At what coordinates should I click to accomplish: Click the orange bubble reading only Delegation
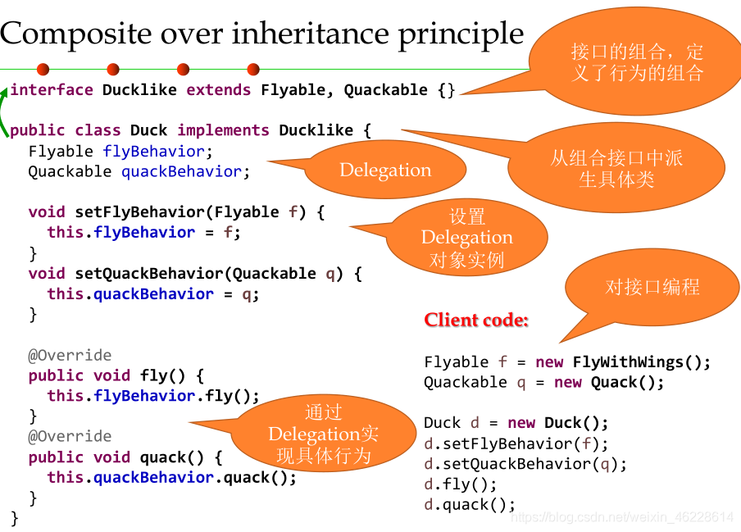pyautogui.click(x=385, y=171)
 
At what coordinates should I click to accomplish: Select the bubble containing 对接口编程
pyautogui.click(x=652, y=287)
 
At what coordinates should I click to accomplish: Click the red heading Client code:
pyautogui.click(x=476, y=320)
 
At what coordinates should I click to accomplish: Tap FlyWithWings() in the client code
pyautogui.click(x=641, y=361)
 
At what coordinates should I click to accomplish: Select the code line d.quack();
pyautogui.click(x=470, y=504)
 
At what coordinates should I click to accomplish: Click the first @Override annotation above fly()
pyautogui.click(x=70, y=355)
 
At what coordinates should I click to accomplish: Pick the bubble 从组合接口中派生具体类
pyautogui.click(x=616, y=169)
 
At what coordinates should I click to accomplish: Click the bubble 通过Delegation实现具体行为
pyautogui.click(x=324, y=434)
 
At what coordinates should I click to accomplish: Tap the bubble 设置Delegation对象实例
pyautogui.click(x=467, y=238)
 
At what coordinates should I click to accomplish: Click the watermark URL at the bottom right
pyautogui.click(x=621, y=517)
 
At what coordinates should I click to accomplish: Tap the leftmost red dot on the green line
pyautogui.click(x=43, y=70)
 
